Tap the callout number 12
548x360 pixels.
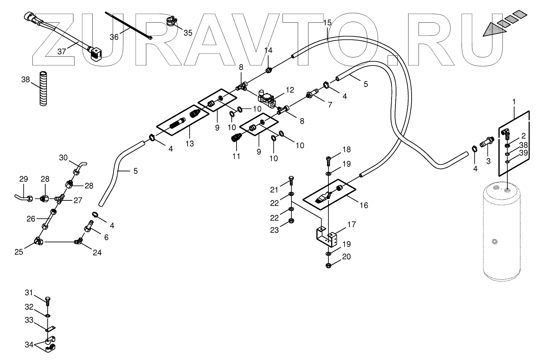click(290, 90)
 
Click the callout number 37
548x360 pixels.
click(61, 51)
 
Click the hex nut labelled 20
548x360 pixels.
click(328, 266)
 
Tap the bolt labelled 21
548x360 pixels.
click(291, 181)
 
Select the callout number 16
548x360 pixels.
click(364, 205)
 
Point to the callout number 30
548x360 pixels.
click(63, 158)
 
